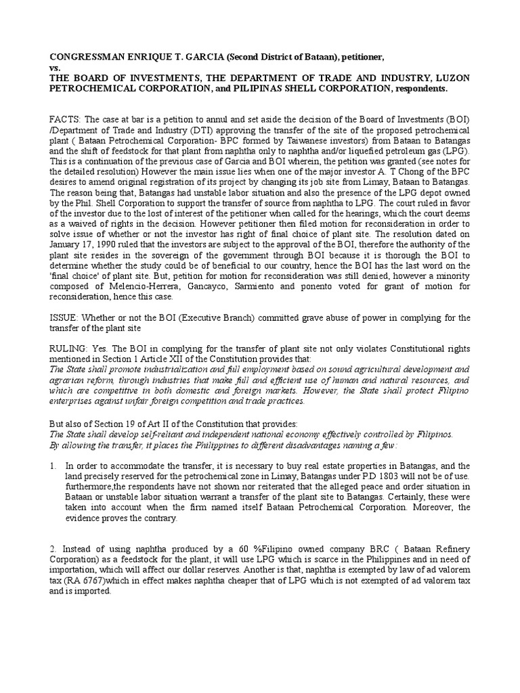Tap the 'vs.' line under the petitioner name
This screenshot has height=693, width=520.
pyautogui.click(x=54, y=68)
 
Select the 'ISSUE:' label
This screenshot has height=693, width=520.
pyautogui.click(x=66, y=317)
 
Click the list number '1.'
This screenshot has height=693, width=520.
pyautogui.click(x=53, y=466)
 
